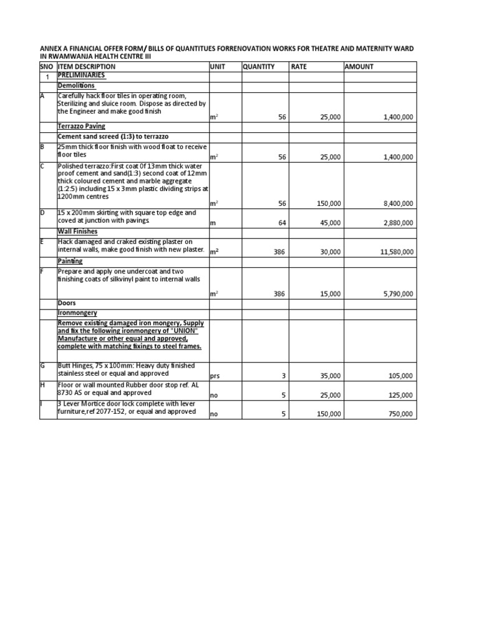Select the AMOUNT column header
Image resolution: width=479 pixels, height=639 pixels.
tap(359, 66)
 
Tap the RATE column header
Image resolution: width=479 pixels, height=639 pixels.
tap(299, 66)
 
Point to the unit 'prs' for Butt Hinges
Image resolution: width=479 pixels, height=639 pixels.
tap(215, 376)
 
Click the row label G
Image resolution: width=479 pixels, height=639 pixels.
tap(42, 366)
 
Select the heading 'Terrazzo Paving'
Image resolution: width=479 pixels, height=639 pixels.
tap(81, 126)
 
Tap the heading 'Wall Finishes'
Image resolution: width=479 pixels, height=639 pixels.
tap(77, 232)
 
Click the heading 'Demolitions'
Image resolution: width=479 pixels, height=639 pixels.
tap(76, 85)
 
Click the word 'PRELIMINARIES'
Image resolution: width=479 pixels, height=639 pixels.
tap(81, 76)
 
